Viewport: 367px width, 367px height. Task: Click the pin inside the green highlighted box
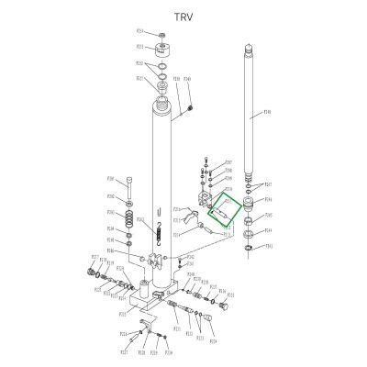point(223,212)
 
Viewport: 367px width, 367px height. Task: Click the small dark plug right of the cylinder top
point(190,109)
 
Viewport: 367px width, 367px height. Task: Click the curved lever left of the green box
point(190,218)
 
